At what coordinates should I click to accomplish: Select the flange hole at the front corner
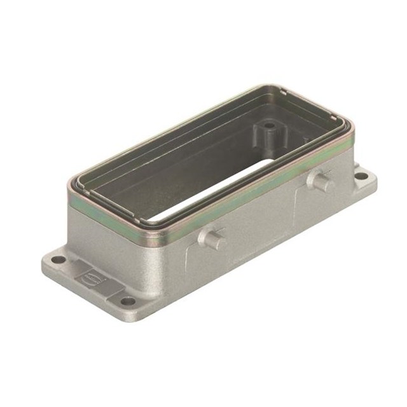point(129,301)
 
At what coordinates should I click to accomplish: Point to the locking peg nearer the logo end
point(213,239)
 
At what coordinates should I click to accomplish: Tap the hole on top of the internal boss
point(270,125)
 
